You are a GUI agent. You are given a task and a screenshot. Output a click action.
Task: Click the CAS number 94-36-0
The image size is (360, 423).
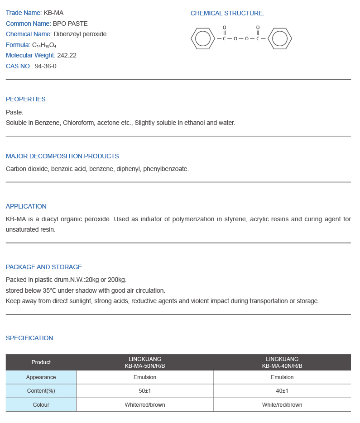coord(46,66)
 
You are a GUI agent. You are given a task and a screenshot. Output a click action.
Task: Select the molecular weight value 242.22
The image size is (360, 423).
coord(67,55)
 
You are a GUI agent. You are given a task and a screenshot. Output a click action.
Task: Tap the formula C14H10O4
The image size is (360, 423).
coord(44,45)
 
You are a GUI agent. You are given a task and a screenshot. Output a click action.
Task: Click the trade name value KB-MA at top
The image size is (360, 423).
coord(53,13)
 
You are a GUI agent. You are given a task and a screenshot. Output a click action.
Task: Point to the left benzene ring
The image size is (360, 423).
coord(202,38)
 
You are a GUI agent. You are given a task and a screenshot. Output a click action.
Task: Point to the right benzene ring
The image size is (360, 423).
coord(280,38)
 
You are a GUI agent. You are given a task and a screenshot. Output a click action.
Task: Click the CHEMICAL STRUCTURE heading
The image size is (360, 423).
coord(227,13)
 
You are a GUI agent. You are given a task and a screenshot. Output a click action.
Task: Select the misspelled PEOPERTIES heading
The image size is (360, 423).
coord(26,99)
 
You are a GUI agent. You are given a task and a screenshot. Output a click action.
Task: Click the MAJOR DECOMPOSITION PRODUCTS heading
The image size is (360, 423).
coord(62,156)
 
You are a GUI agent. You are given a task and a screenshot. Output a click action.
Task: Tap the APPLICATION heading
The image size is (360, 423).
coord(26,206)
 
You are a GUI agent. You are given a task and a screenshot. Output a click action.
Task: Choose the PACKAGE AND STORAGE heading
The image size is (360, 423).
coord(44,267)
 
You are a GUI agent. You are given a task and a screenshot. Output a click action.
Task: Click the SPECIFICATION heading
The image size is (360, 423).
coord(29,338)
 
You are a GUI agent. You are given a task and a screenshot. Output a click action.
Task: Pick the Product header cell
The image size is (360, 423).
coord(41,362)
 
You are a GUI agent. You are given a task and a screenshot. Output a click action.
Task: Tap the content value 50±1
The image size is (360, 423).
coord(145,391)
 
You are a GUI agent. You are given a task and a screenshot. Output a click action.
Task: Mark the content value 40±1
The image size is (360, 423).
coord(282,391)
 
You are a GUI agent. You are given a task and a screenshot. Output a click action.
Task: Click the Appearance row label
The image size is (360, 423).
coord(41,377)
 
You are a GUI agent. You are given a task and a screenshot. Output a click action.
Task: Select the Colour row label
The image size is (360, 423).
coord(41,405)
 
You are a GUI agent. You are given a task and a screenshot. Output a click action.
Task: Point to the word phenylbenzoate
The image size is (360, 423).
coord(165,169)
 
